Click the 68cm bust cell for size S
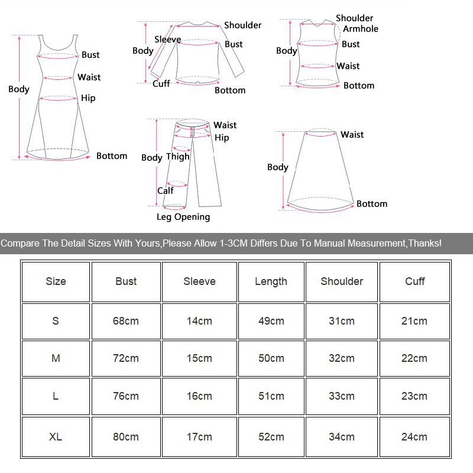[126, 321]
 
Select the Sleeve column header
[199, 281]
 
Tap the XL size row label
[56, 437]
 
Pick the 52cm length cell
[271, 437]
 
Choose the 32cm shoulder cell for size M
[342, 358]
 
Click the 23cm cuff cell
[414, 396]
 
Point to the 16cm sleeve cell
[199, 396]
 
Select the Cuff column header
[414, 281]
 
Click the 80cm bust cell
[126, 437]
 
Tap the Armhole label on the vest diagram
[361, 29]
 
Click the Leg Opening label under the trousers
[183, 217]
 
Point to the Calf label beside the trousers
[166, 191]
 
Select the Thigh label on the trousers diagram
[177, 157]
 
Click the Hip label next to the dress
[88, 98]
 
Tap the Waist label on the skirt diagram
[352, 135]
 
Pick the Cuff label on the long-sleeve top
[161, 84]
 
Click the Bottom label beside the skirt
[372, 204]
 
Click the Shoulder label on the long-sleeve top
[242, 25]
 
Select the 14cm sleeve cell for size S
[199, 321]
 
